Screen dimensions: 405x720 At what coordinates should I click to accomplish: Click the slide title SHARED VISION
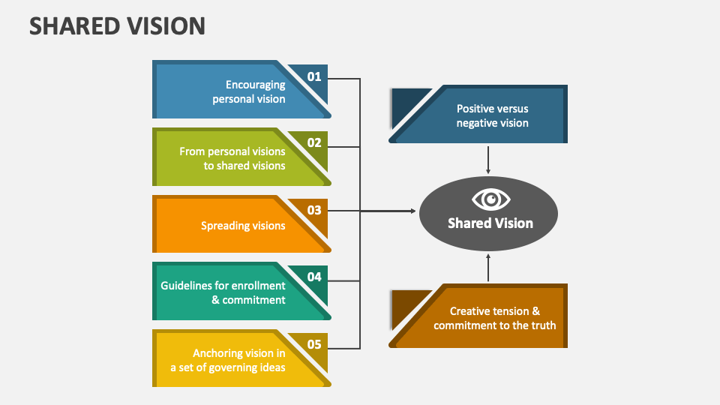point(117,26)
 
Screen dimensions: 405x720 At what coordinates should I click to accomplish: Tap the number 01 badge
point(313,76)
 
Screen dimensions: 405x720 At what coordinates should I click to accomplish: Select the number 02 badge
point(313,143)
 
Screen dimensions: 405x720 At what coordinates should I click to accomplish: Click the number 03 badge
point(313,211)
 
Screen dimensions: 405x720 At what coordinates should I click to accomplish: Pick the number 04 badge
point(313,277)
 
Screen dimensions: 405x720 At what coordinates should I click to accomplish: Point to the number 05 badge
point(313,345)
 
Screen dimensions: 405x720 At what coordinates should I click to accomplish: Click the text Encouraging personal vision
point(248,91)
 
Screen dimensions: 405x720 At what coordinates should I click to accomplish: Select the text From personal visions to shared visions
point(232,158)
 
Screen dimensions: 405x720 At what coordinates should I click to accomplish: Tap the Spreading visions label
point(243,226)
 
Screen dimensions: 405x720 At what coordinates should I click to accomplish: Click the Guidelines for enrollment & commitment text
point(223,292)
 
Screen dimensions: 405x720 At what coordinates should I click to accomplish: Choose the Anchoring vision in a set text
point(227,360)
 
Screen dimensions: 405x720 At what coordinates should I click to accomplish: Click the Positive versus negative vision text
point(492,115)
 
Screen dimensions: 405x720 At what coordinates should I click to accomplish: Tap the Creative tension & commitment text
point(494,318)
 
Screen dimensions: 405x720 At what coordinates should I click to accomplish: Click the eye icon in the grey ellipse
point(490,199)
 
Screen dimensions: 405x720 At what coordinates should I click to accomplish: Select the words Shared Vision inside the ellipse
point(490,223)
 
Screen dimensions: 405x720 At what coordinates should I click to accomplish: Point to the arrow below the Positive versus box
point(488,160)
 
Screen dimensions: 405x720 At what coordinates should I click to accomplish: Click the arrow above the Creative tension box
point(488,267)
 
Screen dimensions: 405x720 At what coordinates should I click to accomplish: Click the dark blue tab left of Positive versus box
point(406,105)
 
